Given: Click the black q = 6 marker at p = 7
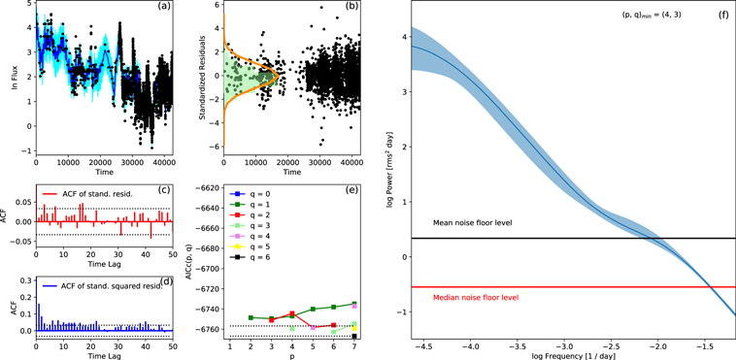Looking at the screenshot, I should [354, 336].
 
